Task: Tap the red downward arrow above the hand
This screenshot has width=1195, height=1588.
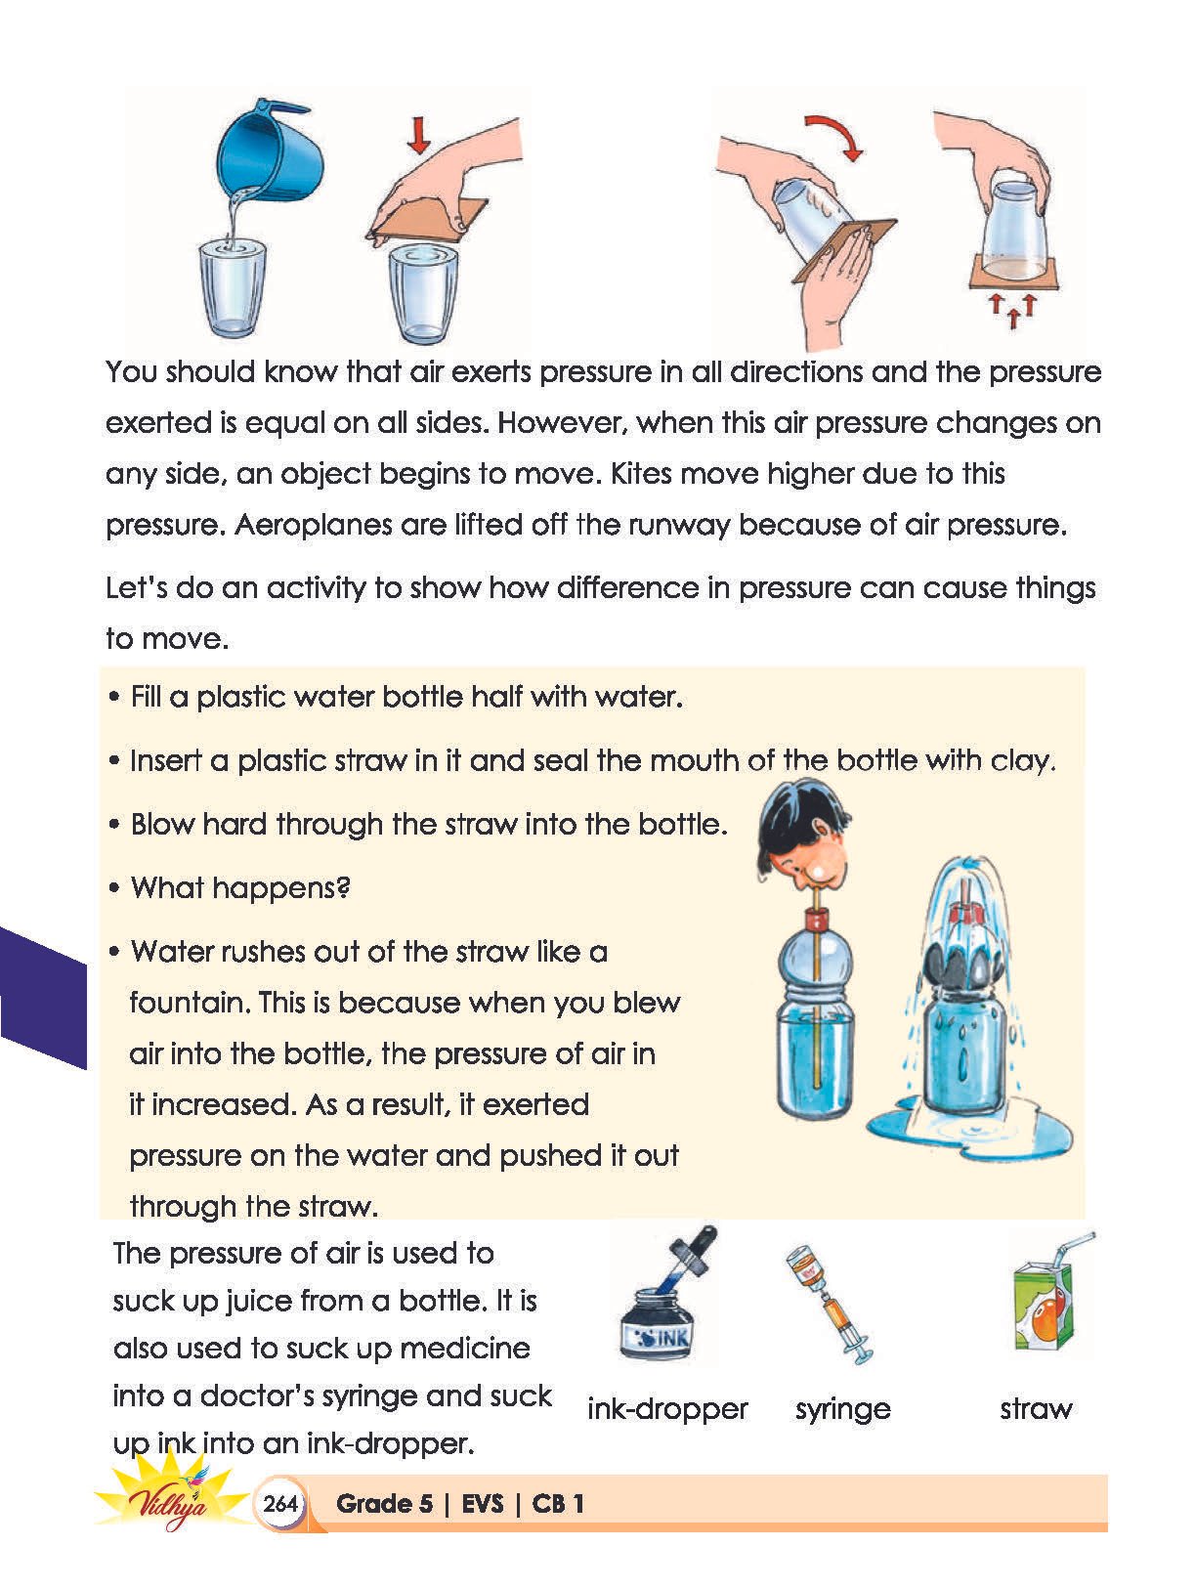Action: coord(418,136)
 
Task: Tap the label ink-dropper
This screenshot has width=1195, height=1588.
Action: coord(667,1408)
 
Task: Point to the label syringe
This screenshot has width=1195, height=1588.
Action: coord(842,1410)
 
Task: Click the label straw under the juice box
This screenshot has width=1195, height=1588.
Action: coord(1036,1408)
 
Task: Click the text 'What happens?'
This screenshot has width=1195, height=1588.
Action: coord(240,887)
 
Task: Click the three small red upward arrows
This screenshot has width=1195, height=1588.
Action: coord(1012,310)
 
